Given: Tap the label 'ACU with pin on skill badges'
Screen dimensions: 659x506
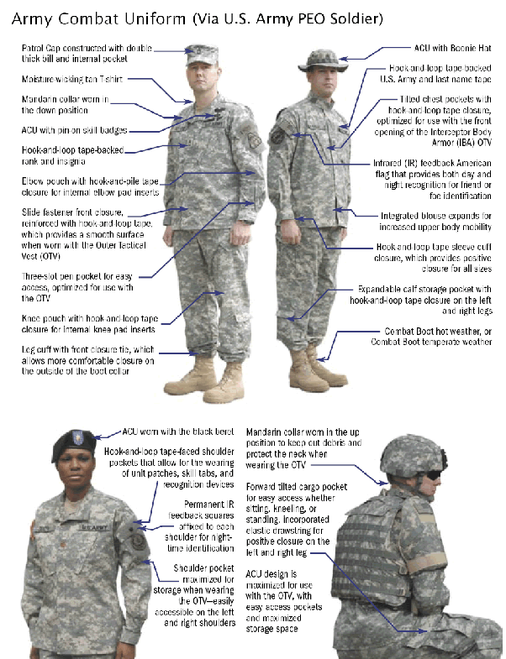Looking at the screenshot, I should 75,131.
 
